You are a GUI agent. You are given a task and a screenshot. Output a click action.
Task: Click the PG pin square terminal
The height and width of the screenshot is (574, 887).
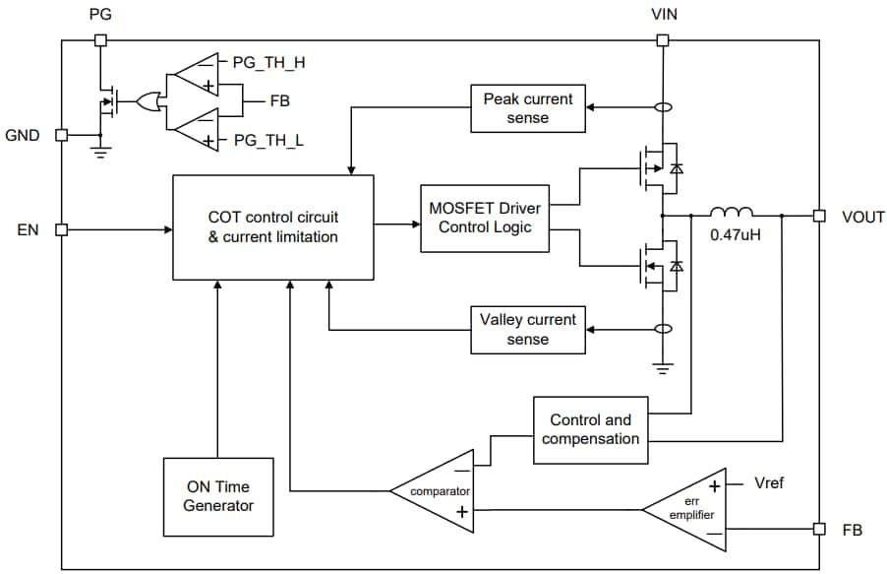tap(99, 40)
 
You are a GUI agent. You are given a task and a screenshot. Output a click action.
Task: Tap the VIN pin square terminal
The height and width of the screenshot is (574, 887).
tap(663, 40)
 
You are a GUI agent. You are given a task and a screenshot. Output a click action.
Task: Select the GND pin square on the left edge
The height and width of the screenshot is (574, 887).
tap(61, 135)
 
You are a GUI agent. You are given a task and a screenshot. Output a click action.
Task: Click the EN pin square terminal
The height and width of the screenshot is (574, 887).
tap(61, 229)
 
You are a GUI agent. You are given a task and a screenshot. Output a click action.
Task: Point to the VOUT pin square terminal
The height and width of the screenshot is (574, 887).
tap(817, 216)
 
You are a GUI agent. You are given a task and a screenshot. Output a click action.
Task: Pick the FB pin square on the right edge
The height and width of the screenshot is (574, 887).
tap(817, 529)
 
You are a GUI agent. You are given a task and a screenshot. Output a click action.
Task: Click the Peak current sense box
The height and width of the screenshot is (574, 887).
tap(528, 108)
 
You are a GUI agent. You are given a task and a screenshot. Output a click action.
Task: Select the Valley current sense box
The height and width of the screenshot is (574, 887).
tap(528, 329)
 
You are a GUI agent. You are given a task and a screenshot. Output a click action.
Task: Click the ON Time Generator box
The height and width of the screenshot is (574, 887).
tap(217, 496)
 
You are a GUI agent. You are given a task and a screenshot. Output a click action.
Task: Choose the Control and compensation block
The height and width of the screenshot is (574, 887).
tap(590, 429)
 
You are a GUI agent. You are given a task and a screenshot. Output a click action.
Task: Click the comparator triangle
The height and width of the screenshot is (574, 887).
tap(438, 489)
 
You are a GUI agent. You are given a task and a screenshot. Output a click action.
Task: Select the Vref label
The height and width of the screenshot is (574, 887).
tap(770, 483)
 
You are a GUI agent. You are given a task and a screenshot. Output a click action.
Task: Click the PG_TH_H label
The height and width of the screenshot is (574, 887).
tap(267, 61)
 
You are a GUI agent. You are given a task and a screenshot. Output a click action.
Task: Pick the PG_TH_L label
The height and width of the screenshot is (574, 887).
tap(267, 141)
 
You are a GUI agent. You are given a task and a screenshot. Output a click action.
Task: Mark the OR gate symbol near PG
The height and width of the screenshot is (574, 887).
tap(149, 100)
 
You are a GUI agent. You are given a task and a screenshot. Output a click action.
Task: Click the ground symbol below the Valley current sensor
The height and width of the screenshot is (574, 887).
tap(663, 368)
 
